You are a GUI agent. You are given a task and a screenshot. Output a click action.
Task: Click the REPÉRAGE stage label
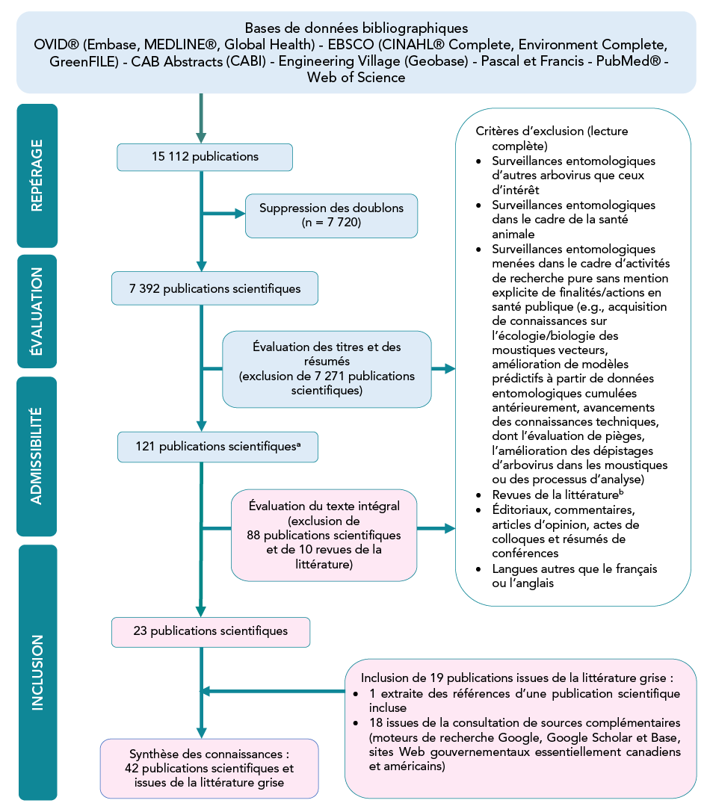37,176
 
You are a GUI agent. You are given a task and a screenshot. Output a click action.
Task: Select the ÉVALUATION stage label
37,311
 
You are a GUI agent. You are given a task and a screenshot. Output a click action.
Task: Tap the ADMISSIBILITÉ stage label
37,456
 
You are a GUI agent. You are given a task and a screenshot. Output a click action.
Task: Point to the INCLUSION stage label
37,672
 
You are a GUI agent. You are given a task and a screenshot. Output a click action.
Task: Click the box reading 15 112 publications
204,157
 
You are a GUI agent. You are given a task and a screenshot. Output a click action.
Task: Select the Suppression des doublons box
330,215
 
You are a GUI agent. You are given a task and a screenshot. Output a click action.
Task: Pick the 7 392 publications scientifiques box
214,289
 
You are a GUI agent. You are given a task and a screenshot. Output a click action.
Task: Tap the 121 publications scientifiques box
217,447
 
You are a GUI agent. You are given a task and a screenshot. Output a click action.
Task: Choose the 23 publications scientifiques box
211,631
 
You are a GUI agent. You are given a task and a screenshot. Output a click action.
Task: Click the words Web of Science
356,77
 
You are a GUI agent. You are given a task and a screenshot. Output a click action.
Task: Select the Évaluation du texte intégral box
324,535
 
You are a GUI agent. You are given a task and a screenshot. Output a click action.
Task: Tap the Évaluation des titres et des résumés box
327,369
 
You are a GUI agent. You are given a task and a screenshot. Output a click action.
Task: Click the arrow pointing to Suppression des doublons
240,214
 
